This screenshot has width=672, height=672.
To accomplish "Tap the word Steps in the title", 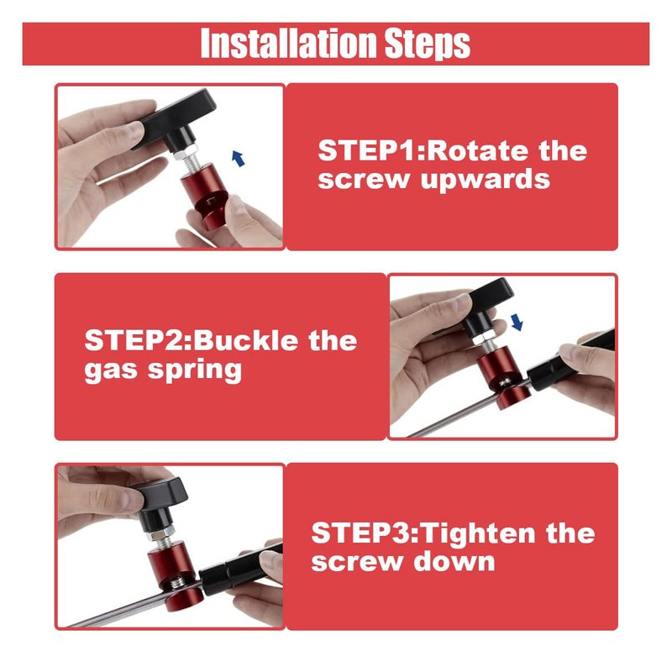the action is [x=428, y=44].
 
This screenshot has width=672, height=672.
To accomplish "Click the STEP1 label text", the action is [x=370, y=151].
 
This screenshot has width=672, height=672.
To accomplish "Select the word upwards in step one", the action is [x=486, y=181].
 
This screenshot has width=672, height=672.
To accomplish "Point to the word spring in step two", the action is [x=195, y=370].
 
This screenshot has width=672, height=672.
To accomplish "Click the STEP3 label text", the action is [x=364, y=533].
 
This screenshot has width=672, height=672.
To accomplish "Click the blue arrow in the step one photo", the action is [x=239, y=159].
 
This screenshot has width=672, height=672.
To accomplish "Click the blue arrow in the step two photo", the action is [x=517, y=322].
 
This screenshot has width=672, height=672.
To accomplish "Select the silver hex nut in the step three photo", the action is [x=160, y=534].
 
